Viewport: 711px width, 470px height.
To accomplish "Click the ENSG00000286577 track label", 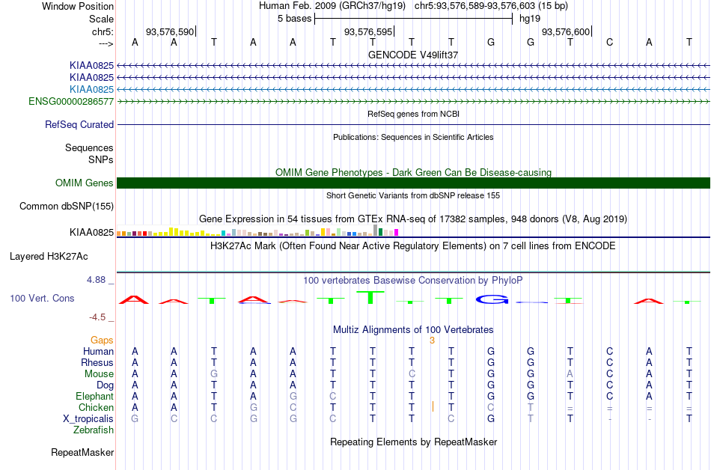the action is point(71,102).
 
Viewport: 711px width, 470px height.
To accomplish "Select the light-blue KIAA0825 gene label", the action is point(91,89).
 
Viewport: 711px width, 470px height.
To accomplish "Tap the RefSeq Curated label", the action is point(79,125).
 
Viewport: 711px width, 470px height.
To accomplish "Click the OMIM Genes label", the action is point(85,183).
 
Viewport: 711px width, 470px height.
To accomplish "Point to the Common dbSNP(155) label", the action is point(67,207).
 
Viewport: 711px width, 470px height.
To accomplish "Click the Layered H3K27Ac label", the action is point(49,257).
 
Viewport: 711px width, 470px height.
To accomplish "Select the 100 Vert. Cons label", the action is point(42,298).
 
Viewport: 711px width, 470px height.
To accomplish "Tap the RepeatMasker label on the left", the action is point(82,452).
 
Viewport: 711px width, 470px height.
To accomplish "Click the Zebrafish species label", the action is point(94,430).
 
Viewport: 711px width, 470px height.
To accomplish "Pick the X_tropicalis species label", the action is point(88,419).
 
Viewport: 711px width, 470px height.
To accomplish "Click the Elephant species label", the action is point(94,396).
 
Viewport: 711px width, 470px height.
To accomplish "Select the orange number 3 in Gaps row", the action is point(432,341).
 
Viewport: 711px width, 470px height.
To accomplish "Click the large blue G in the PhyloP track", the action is point(492,299).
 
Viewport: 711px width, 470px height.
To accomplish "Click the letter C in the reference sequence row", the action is point(609,42).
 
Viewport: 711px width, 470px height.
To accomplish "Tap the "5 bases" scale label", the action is point(295,19).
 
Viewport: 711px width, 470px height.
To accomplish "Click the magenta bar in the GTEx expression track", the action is point(397,233).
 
